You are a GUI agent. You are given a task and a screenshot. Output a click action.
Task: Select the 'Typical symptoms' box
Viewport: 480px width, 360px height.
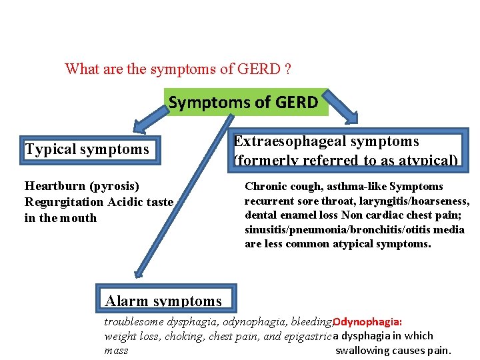pos(87,149)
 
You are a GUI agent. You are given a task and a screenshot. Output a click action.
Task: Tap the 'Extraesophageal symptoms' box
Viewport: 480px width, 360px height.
pos(347,150)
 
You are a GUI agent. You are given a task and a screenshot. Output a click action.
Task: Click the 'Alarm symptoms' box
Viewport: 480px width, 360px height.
pos(163,300)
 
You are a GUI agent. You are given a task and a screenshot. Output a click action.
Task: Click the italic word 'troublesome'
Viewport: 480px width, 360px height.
pos(133,321)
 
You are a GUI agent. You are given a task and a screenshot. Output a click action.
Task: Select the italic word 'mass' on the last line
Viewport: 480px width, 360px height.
pos(116,351)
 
